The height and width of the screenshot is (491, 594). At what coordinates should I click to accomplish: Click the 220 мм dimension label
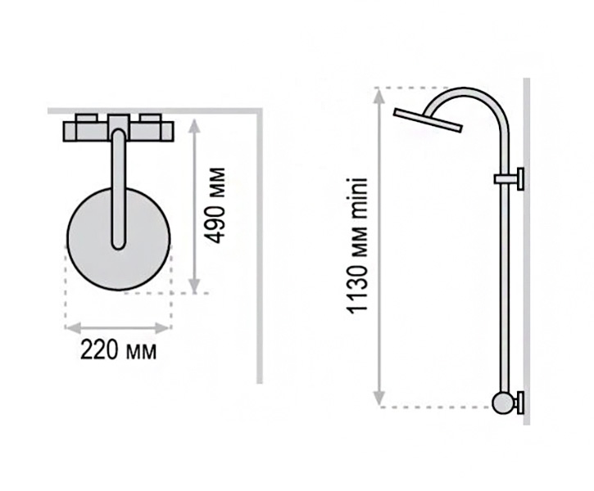pyautogui.click(x=118, y=351)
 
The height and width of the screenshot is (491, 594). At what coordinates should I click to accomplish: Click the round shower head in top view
pyautogui.click(x=119, y=239)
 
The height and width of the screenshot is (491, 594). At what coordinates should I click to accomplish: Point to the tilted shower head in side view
pyautogui.click(x=428, y=120)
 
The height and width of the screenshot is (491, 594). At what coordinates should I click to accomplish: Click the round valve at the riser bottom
pyautogui.click(x=503, y=403)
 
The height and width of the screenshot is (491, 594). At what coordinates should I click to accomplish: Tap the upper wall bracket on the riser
pyautogui.click(x=510, y=178)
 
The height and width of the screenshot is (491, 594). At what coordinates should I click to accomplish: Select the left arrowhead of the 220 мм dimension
pyautogui.click(x=72, y=327)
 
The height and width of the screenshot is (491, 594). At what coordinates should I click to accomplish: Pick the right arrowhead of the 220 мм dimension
pyautogui.click(x=163, y=327)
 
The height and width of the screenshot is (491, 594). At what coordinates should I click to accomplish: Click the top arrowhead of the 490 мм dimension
pyautogui.click(x=194, y=125)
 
